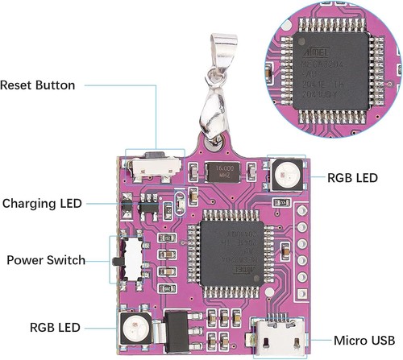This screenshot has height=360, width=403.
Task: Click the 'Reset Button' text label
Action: (38, 85)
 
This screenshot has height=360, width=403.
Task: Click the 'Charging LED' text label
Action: (42, 202)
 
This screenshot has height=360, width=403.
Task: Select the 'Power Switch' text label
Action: (42, 260)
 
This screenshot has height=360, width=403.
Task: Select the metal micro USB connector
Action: (277, 336)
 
